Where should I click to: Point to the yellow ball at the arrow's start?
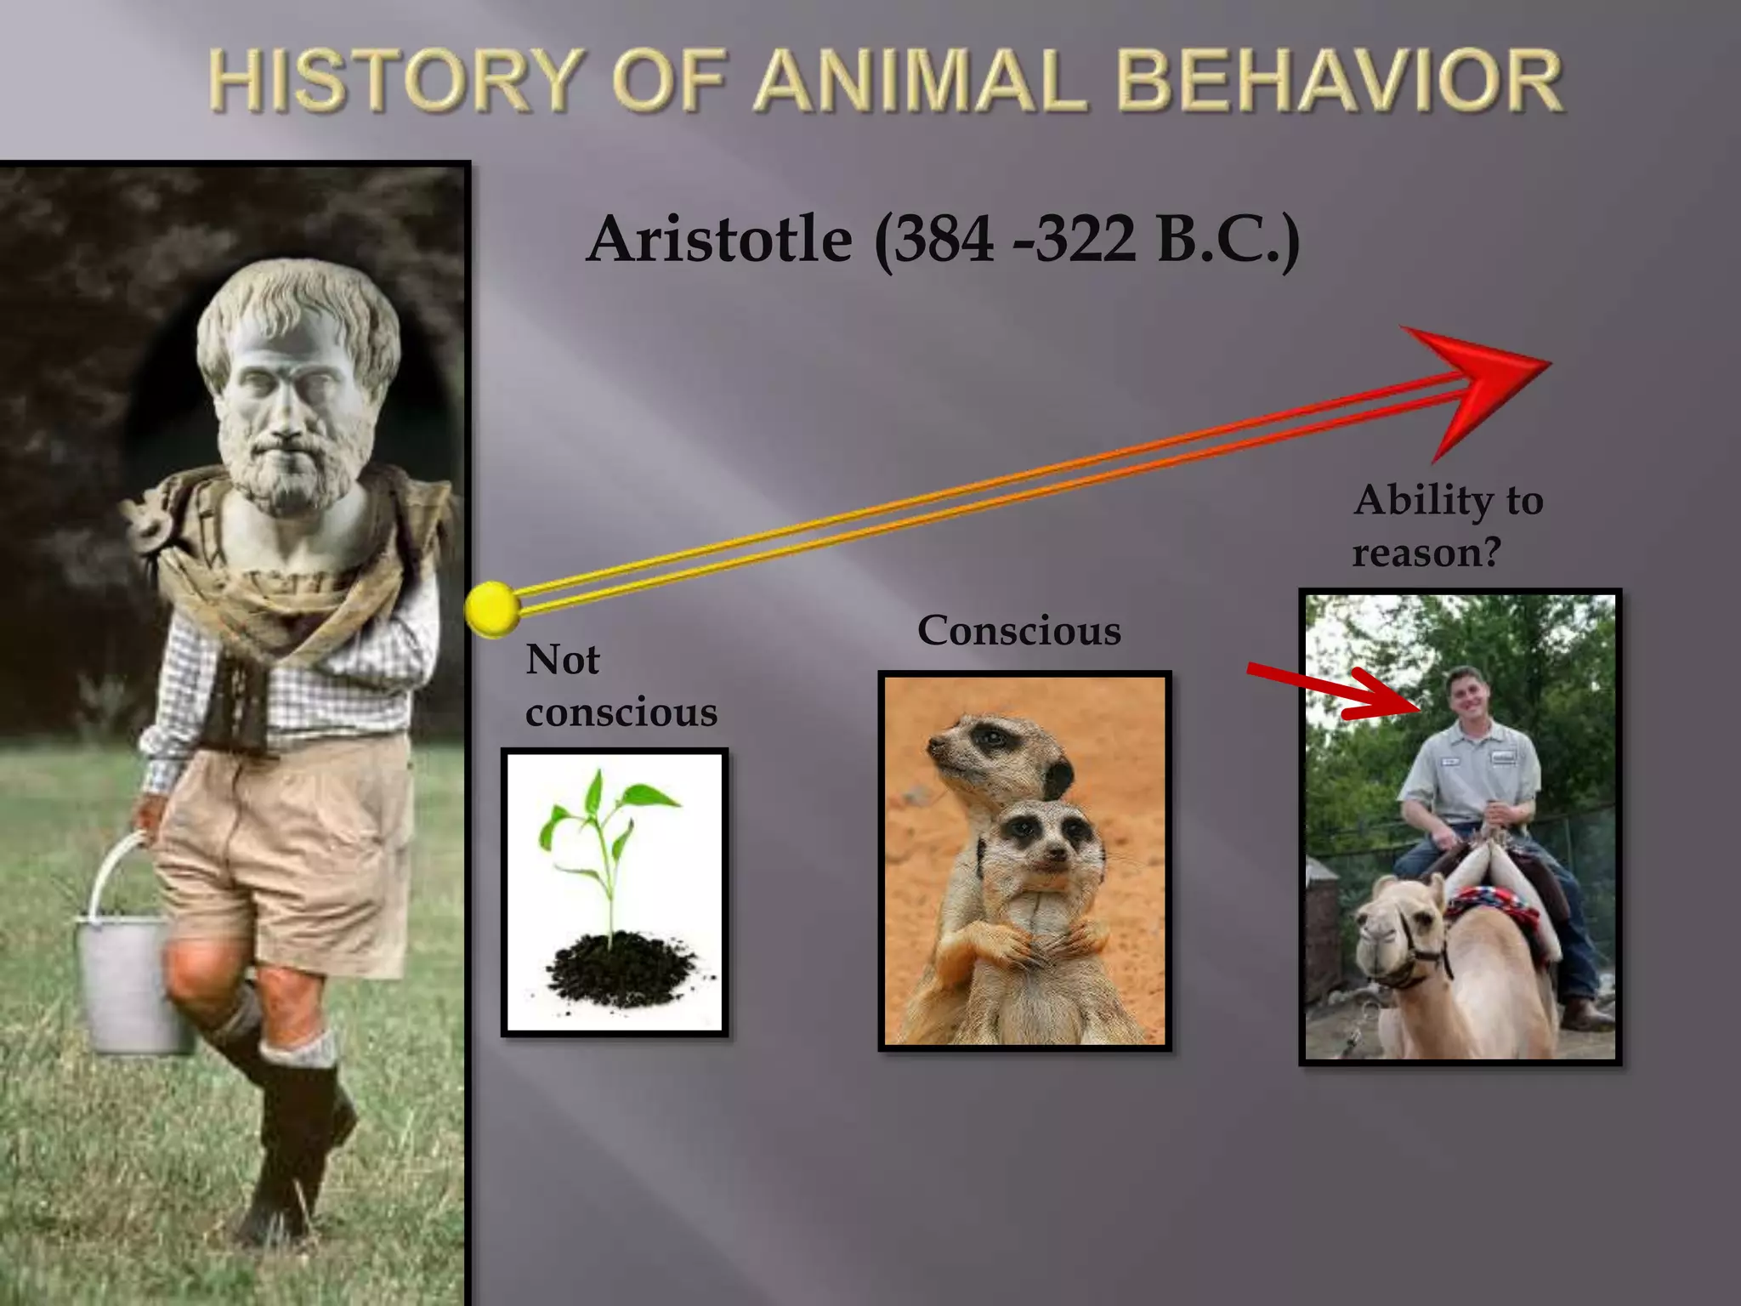pos(492,609)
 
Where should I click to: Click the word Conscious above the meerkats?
pos(1018,631)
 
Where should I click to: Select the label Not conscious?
pos(621,685)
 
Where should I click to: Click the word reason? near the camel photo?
pos(1426,553)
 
